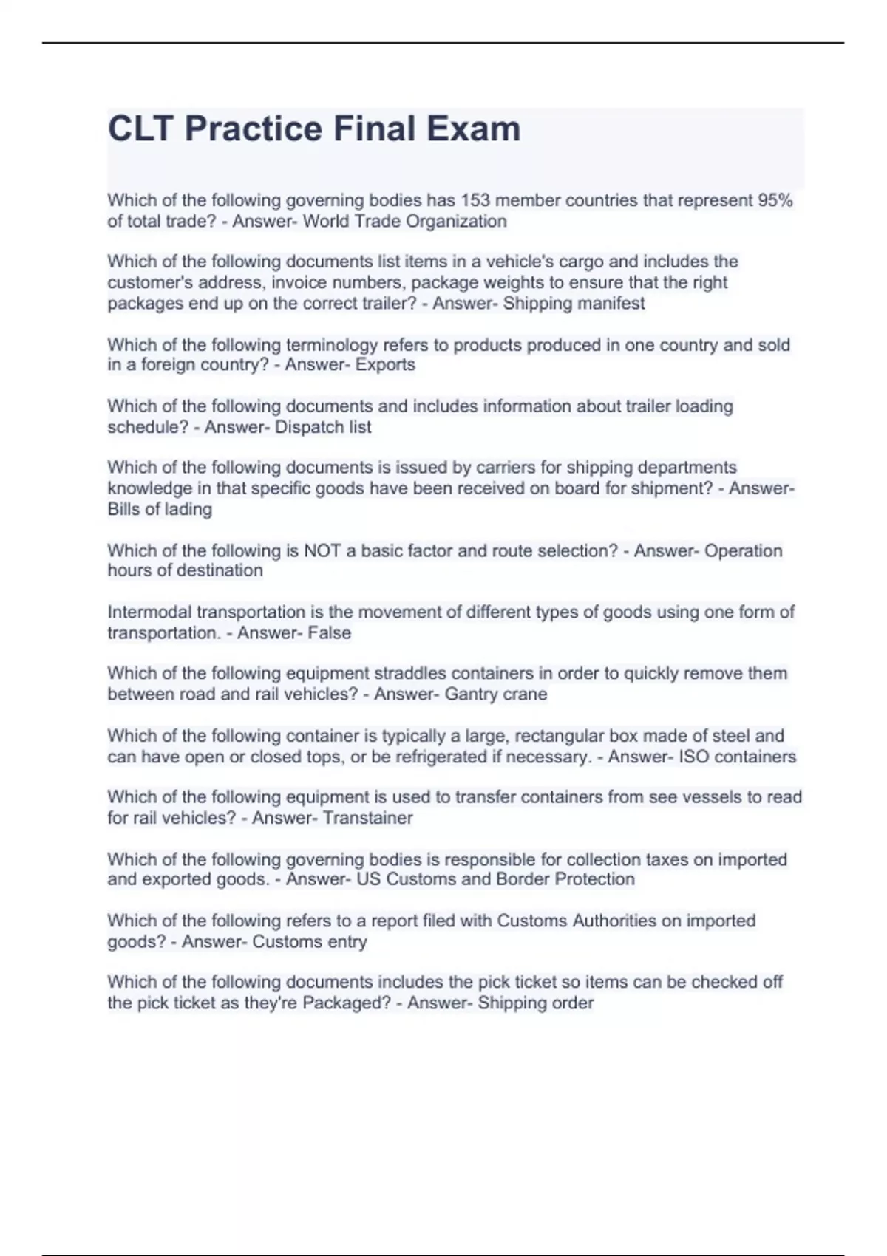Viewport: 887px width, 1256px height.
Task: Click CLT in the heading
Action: coord(141,129)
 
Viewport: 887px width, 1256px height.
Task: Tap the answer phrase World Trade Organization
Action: coord(404,221)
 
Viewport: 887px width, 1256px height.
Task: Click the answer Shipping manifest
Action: coord(574,303)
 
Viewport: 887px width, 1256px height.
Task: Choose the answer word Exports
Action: coord(385,364)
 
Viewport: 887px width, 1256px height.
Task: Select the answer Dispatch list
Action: coord(323,426)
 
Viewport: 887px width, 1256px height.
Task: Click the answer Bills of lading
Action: coord(160,509)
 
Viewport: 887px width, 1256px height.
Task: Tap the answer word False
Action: coord(330,632)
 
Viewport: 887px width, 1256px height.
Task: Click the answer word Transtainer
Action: coord(367,818)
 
